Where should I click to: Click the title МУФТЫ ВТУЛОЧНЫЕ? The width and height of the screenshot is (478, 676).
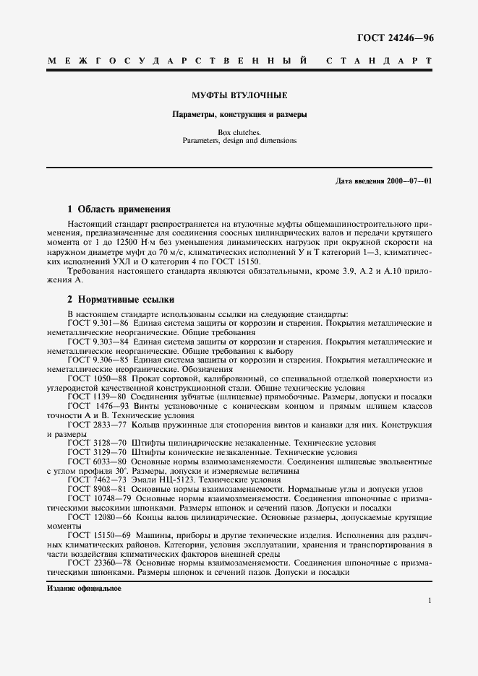239,95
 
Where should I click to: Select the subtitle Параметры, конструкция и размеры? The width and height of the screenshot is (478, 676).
239,115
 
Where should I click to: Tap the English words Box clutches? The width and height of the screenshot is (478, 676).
239,132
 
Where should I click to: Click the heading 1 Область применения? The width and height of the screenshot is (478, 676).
119,209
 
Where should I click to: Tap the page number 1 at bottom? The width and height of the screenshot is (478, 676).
430,601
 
